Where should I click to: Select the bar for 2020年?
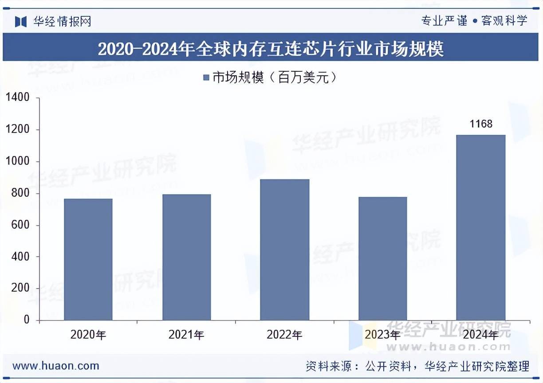point(88,259)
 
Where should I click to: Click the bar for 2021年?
point(186,257)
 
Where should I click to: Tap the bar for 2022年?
point(284,250)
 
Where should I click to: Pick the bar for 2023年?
point(382,258)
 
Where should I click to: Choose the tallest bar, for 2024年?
point(481,227)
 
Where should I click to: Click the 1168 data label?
point(481,124)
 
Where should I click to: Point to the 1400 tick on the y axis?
point(18,98)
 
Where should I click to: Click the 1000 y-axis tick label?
point(18,162)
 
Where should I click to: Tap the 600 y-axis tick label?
point(20,225)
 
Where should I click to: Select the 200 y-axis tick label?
point(20,289)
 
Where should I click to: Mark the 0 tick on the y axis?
point(26,320)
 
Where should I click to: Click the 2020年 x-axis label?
point(88,335)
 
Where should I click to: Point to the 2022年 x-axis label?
point(284,335)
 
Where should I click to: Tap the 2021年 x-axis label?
point(186,335)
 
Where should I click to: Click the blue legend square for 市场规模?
point(206,78)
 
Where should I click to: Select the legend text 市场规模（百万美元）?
point(274,78)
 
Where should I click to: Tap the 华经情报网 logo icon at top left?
point(21,21)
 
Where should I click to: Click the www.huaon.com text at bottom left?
point(56,366)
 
